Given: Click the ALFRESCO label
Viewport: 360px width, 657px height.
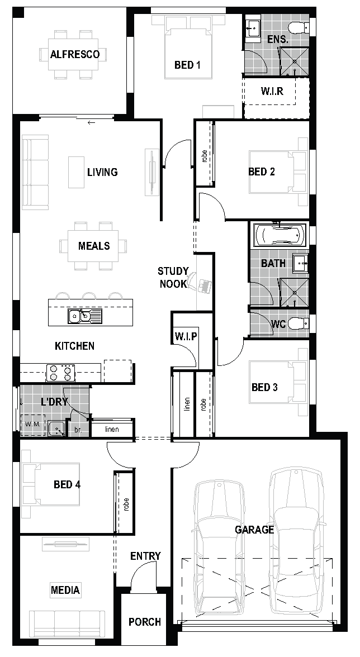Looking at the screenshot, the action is pyautogui.click(x=75, y=55).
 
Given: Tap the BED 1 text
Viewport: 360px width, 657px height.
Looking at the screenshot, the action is pyautogui.click(x=187, y=65).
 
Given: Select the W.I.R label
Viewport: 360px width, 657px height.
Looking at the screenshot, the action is pyautogui.click(x=272, y=91).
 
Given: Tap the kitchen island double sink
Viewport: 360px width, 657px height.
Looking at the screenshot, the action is pyautogui.click(x=84, y=316).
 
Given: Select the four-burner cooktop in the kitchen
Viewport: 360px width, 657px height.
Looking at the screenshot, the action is pyautogui.click(x=60, y=373).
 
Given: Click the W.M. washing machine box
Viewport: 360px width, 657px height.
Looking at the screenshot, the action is pyautogui.click(x=32, y=425).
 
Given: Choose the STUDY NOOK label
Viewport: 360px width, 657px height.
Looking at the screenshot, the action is pyautogui.click(x=173, y=277).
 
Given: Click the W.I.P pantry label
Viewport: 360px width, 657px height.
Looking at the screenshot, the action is pyautogui.click(x=186, y=336).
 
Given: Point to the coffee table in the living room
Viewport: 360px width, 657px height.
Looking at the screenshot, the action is pyautogui.click(x=76, y=172).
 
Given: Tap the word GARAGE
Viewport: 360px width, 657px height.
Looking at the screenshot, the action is pyautogui.click(x=254, y=530).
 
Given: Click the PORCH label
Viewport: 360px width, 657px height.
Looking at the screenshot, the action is pyautogui.click(x=145, y=622).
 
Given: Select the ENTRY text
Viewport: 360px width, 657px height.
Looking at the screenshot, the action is pyautogui.click(x=145, y=556).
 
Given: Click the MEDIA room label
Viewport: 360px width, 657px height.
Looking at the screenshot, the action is pyautogui.click(x=65, y=590).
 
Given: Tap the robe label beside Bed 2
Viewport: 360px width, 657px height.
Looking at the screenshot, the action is pyautogui.click(x=204, y=156).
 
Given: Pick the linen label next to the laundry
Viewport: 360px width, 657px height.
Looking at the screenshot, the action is pyautogui.click(x=112, y=429).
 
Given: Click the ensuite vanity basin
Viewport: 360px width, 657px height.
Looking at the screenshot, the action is pyautogui.click(x=253, y=28).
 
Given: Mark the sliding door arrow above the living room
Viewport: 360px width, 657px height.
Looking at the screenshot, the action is pyautogui.click(x=91, y=122).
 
